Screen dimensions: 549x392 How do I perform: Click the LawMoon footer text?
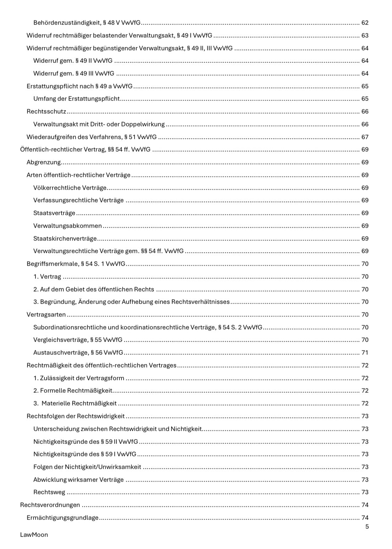34,534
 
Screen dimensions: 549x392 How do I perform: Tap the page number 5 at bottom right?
367,526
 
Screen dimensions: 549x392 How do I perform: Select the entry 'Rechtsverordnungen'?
50,505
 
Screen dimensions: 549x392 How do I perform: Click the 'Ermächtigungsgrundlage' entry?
62,517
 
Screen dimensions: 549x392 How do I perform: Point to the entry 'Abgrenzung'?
44,162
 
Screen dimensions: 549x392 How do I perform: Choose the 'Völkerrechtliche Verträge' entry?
70,187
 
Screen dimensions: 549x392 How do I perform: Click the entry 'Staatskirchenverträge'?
65,238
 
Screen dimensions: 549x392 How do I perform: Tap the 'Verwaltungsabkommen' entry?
67,225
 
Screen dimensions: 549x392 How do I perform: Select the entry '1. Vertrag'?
47,276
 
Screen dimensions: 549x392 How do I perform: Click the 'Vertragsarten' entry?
46,314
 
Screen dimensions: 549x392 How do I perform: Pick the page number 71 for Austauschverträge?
365,353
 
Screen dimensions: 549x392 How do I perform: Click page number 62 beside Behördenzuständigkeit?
365,23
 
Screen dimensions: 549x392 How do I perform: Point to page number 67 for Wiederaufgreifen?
365,137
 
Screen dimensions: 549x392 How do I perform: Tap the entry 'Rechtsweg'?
49,492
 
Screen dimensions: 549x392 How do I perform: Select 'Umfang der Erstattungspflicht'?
76,99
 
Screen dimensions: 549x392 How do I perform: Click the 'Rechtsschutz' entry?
46,111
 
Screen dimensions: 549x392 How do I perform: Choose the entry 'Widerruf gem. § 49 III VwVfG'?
74,74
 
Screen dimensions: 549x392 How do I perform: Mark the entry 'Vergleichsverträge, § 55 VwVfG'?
78,340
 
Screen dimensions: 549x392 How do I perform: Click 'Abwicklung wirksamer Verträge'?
78,479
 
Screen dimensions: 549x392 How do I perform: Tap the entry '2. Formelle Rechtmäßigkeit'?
73,391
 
